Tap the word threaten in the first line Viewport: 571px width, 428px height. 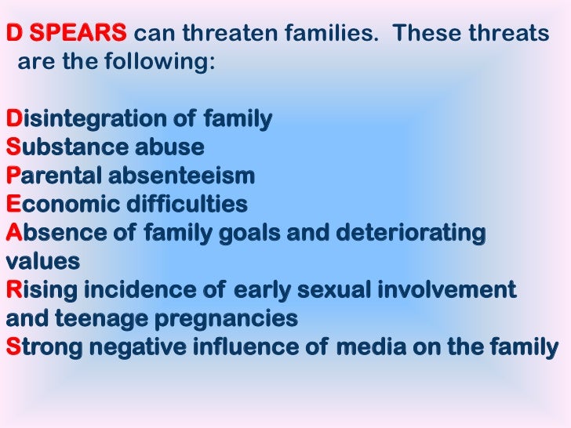click(x=213, y=34)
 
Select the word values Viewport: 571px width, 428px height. click(x=42, y=262)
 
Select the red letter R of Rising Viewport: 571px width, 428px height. click(x=13, y=291)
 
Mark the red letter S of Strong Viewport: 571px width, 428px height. click(x=12, y=347)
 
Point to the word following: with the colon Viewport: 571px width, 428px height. click(x=161, y=63)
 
